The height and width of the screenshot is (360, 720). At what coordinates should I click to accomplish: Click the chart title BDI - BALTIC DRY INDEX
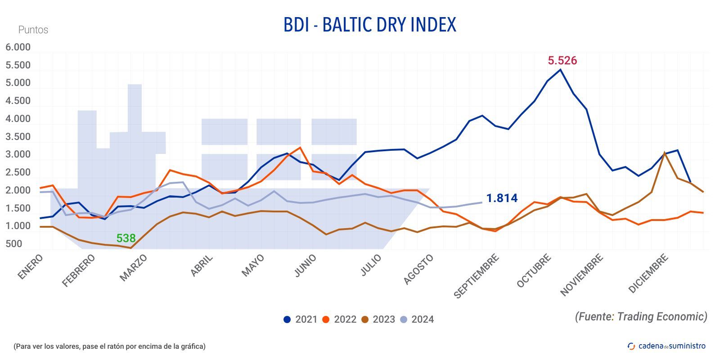coord(369,25)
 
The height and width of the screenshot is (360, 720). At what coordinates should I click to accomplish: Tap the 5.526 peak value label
coord(562,60)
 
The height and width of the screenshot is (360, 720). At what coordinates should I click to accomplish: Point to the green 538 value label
coord(126,238)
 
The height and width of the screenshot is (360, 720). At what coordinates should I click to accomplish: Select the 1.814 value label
coord(502,198)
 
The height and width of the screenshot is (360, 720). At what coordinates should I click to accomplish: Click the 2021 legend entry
coord(300,319)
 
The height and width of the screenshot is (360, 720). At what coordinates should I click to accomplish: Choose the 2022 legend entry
coord(339,319)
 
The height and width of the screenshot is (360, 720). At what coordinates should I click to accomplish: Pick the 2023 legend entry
coord(378,319)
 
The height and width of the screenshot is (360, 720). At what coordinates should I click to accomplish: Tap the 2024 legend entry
coord(417,319)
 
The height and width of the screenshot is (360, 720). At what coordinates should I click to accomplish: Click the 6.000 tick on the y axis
coord(18,47)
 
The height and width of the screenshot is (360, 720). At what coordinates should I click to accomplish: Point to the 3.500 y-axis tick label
coord(18,137)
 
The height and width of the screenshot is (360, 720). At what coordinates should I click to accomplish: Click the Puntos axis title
coord(33,30)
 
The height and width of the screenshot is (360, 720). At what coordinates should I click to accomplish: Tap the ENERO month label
coord(31,267)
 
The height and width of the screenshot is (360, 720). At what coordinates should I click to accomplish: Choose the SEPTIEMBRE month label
coord(477,276)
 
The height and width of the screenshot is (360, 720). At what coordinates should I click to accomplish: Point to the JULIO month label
coord(371,265)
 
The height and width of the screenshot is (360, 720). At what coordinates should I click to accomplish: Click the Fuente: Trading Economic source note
coord(641,316)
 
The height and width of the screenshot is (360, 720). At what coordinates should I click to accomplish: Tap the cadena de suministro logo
coord(666,346)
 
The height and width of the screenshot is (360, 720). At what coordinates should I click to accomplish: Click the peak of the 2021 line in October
coord(560,70)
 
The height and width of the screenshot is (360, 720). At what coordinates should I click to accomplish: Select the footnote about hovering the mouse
coord(109,346)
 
